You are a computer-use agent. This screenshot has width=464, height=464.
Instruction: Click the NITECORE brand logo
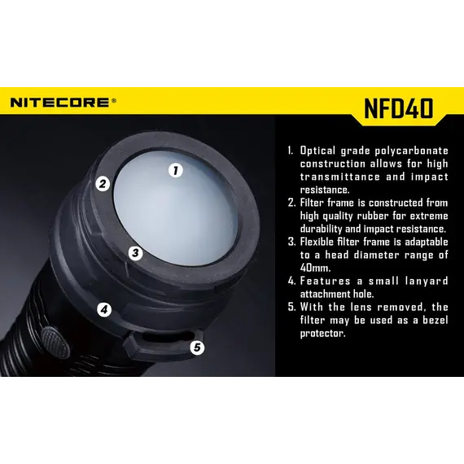(x=59, y=103)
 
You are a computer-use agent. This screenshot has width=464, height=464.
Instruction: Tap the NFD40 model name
(x=399, y=108)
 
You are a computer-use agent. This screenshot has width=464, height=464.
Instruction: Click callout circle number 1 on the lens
(x=176, y=170)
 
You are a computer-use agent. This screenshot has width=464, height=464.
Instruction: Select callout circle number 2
(x=103, y=184)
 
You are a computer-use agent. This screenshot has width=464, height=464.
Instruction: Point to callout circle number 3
(x=135, y=253)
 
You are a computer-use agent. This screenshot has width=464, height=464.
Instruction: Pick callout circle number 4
(x=104, y=309)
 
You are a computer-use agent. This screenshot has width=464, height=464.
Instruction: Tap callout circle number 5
(x=197, y=347)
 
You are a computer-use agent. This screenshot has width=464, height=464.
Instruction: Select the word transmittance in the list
(x=340, y=177)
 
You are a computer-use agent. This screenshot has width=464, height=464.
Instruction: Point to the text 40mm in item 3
(x=315, y=268)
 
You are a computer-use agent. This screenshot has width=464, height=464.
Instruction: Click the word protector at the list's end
(x=322, y=334)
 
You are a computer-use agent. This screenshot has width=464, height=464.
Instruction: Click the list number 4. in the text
(x=291, y=281)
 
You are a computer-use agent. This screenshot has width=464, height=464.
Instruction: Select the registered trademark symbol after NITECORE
(x=113, y=101)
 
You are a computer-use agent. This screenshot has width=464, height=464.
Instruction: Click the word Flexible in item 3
(x=317, y=242)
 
